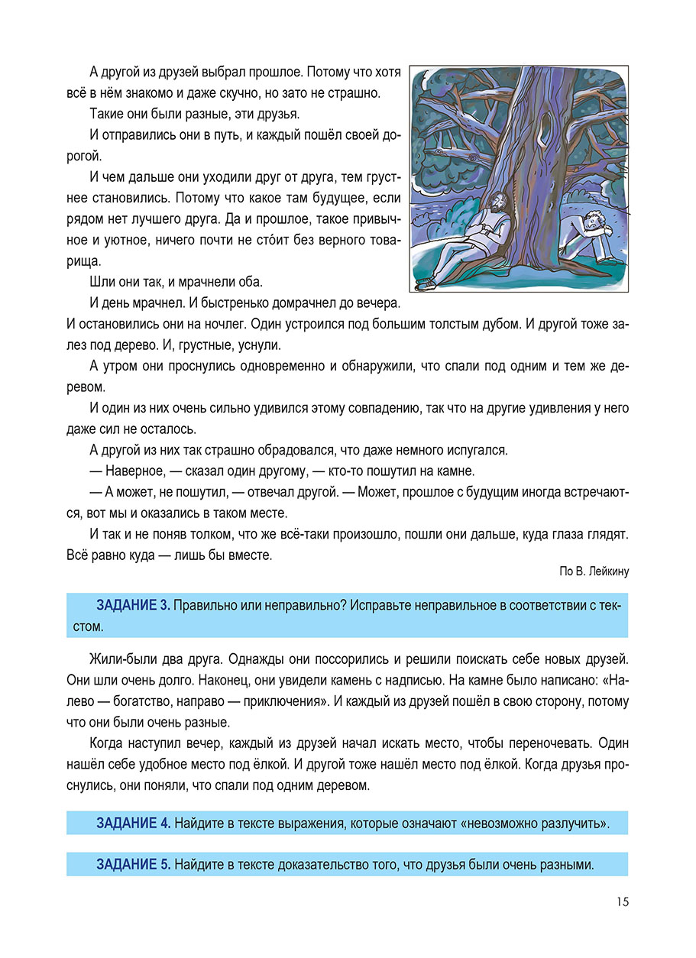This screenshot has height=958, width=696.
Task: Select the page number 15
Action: [x=621, y=902]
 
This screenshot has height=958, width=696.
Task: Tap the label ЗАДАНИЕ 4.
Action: [x=133, y=823]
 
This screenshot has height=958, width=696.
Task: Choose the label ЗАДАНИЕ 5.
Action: [x=133, y=865]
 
